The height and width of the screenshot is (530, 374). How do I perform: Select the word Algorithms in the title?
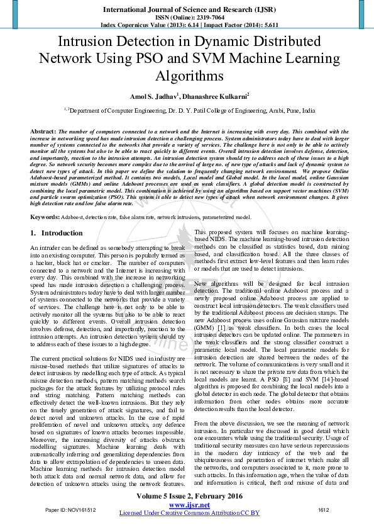point(187,76)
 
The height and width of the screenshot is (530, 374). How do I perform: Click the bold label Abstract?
point(43,130)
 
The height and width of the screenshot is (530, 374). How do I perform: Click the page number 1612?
point(324,509)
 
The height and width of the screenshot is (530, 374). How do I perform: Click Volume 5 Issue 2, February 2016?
point(187,497)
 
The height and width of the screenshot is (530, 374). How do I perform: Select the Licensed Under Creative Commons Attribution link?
point(189,513)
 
